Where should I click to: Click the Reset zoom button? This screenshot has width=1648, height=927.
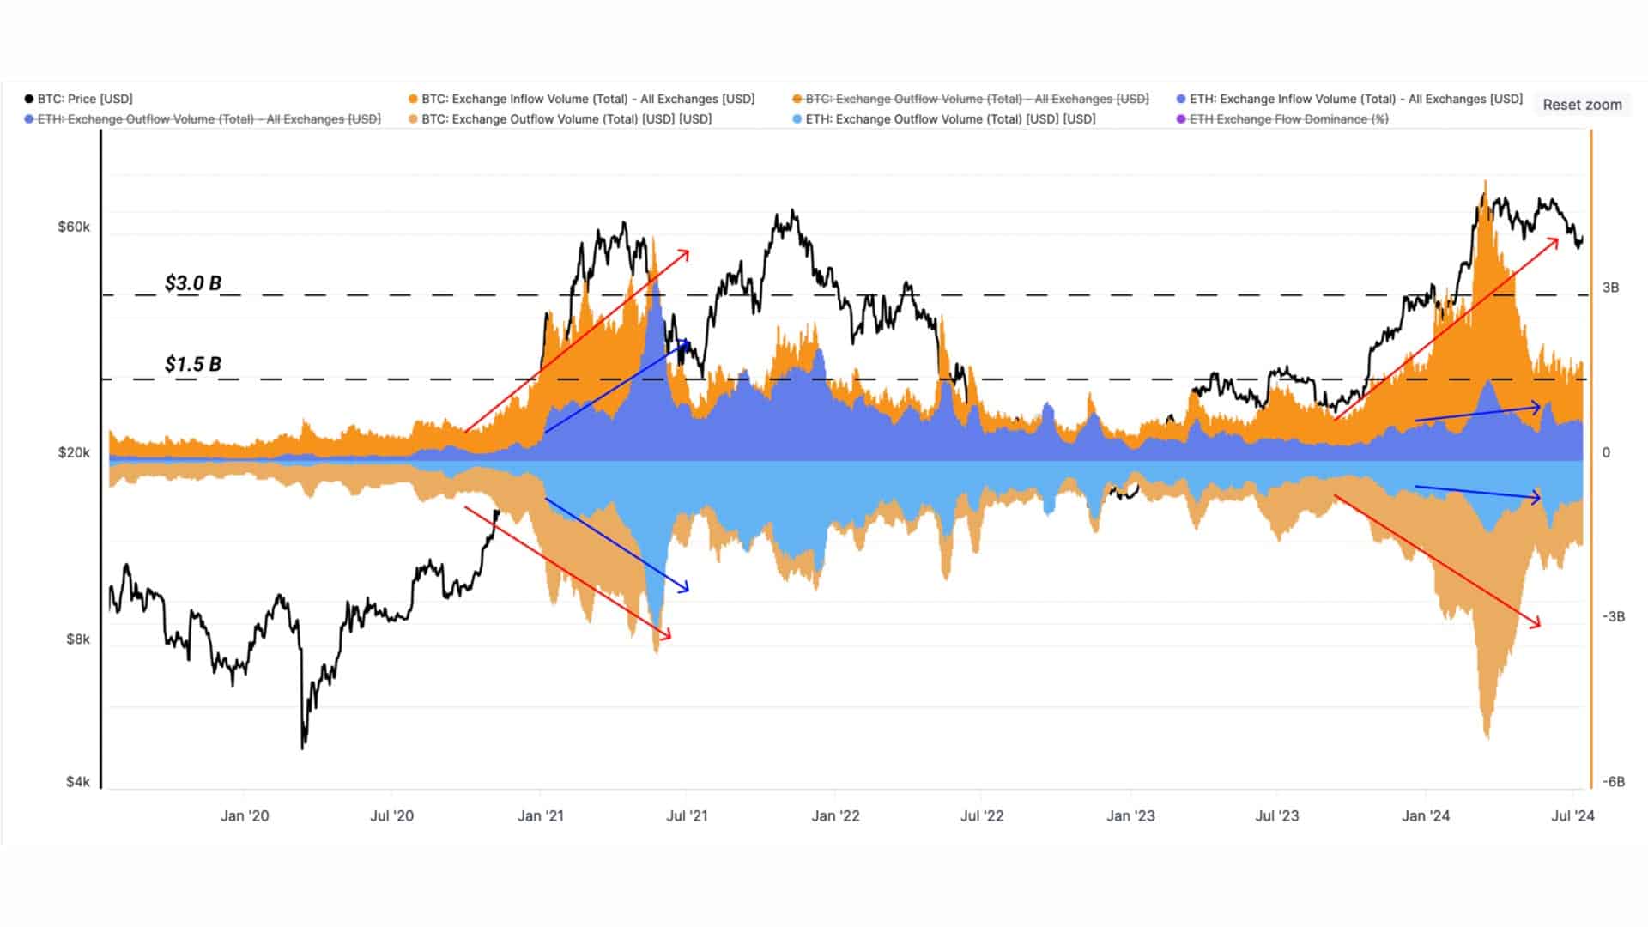(1582, 105)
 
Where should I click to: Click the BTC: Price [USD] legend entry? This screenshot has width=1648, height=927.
(79, 99)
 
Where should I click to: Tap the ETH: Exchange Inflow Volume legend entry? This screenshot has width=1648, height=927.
(1349, 99)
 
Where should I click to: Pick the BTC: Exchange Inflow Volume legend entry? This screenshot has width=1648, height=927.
(581, 99)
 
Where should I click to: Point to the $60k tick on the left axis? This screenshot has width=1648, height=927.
(74, 227)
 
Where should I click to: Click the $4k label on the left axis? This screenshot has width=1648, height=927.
(77, 781)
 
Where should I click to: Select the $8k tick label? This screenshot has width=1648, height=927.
(77, 639)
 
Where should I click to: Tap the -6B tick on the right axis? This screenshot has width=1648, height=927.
(1613, 781)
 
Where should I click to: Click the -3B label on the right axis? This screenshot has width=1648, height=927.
(1613, 616)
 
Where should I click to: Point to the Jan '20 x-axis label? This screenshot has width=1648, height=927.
(245, 815)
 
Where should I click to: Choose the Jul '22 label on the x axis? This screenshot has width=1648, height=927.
(982, 815)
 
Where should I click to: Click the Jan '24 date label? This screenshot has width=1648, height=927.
(1426, 815)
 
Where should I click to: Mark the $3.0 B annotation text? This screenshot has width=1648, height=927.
(193, 282)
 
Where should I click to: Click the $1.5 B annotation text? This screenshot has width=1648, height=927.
(193, 364)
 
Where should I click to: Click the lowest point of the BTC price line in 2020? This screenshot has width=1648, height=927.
(302, 748)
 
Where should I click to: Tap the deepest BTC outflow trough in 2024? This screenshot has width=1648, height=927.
(1487, 737)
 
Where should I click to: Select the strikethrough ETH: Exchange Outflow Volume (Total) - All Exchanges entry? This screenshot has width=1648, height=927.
(203, 119)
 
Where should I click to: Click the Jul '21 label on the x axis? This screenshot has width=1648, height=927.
(687, 815)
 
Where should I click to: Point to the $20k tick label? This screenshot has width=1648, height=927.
(74, 452)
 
